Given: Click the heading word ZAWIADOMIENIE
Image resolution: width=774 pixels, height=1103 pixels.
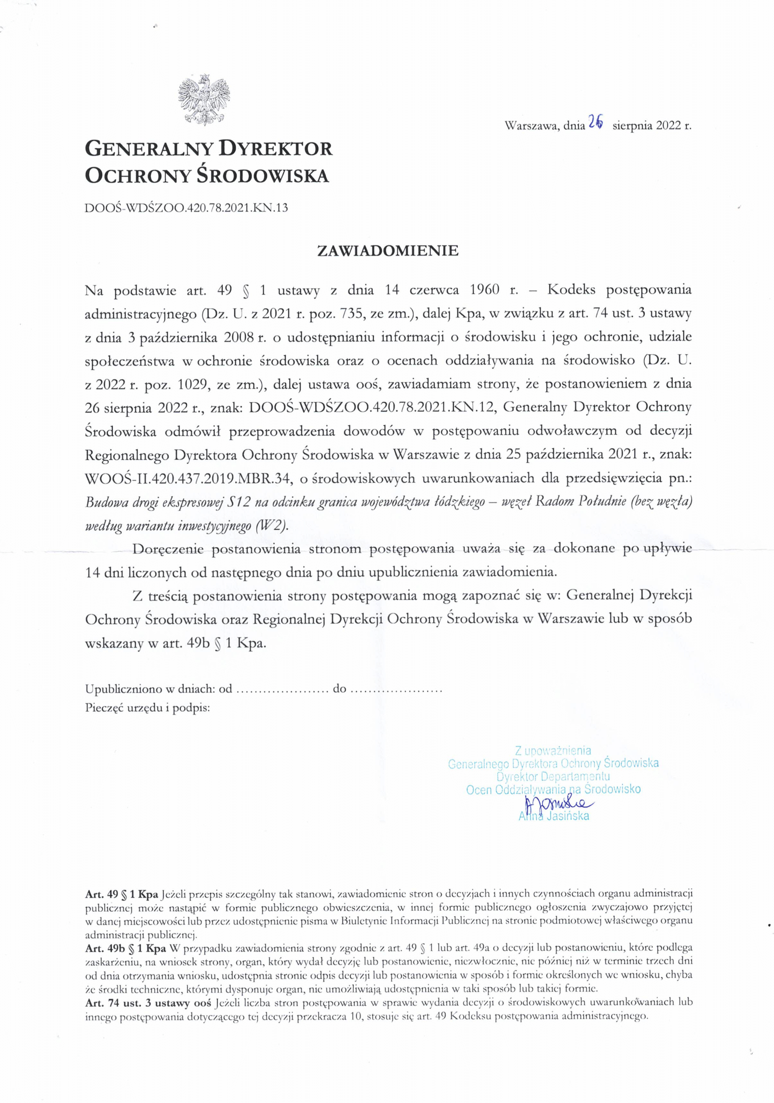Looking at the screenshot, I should (x=387, y=250).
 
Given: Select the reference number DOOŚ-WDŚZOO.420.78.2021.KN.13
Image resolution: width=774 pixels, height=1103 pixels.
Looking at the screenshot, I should (x=186, y=208).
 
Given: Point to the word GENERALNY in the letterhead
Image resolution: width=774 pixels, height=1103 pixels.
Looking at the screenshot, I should (x=148, y=149).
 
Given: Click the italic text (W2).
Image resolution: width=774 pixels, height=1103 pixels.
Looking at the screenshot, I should (x=270, y=525).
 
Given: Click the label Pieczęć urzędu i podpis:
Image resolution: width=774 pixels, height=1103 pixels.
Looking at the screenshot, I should (x=147, y=708).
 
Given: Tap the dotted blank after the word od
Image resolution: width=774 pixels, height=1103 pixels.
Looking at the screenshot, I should (x=282, y=689).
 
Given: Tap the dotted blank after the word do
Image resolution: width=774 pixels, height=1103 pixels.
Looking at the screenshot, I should (x=396, y=689).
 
